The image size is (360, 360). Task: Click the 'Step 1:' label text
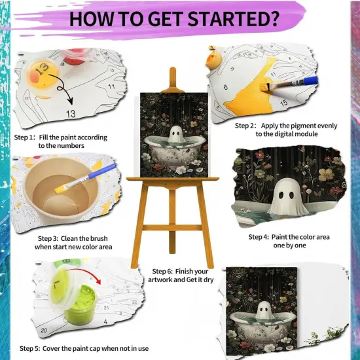[26, 137]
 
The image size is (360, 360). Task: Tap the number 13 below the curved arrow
[70, 113]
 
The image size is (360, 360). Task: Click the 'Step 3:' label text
[53, 238]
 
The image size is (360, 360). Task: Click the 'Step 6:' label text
[167, 271]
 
